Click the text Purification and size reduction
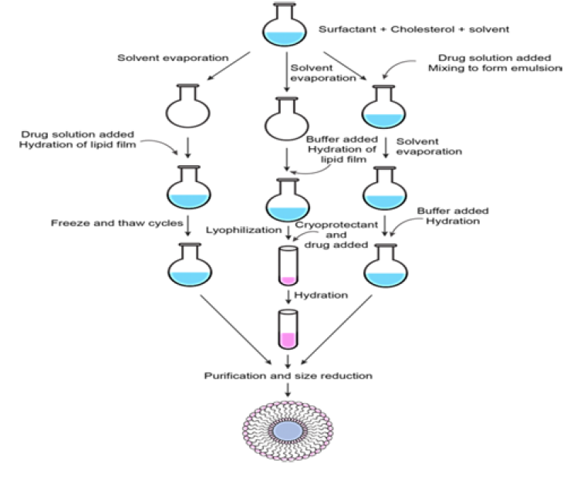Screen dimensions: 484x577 tap(288, 376)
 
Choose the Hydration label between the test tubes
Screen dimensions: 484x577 tap(317, 294)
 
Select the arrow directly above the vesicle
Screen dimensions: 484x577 tap(288, 391)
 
